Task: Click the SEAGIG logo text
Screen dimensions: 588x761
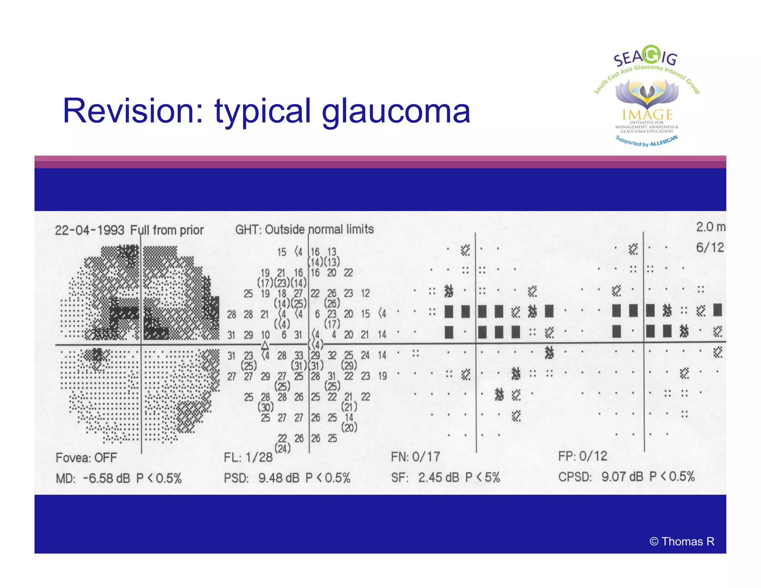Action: (x=645, y=57)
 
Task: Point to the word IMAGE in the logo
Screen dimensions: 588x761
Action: (x=647, y=114)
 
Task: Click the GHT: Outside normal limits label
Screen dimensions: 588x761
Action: (x=304, y=229)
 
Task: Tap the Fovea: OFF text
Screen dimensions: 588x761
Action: (x=86, y=458)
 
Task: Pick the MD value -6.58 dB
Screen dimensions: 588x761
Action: (x=106, y=478)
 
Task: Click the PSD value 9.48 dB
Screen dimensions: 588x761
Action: (x=279, y=478)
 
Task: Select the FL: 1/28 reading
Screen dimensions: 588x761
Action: (x=248, y=457)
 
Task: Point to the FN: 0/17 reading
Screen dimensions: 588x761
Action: (x=415, y=456)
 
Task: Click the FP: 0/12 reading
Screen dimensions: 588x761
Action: (x=583, y=456)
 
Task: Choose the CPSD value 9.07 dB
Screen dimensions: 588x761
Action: (x=622, y=476)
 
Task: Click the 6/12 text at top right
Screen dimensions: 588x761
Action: (x=710, y=248)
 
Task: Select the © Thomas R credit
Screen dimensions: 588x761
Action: (x=682, y=542)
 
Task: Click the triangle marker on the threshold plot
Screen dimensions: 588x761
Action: (x=265, y=345)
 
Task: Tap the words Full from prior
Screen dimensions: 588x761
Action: (x=167, y=230)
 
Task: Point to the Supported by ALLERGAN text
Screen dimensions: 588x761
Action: (x=647, y=141)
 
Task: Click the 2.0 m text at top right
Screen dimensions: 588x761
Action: (x=710, y=227)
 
